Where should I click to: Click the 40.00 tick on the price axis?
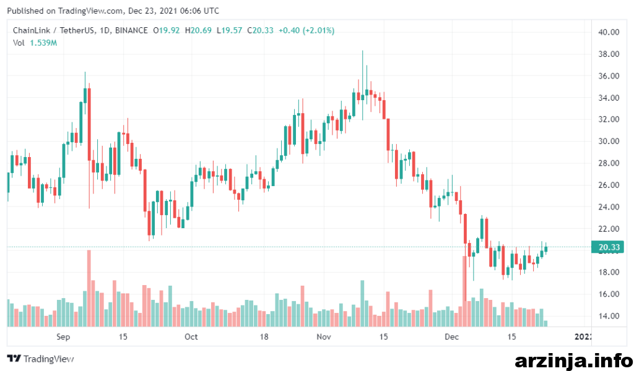[x=609, y=32]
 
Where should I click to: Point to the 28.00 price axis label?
[x=609, y=163]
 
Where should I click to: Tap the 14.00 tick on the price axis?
[x=609, y=316]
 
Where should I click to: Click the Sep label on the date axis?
[x=63, y=337]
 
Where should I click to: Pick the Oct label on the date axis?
[x=191, y=337]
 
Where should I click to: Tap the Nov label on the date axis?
[x=323, y=337]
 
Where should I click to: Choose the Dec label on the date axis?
[x=451, y=337]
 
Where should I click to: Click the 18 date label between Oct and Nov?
[x=264, y=337]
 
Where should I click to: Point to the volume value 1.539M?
[x=43, y=43]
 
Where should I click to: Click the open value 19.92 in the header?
[x=169, y=30]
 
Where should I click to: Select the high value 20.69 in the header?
[x=201, y=30]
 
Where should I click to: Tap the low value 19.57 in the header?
[x=232, y=30]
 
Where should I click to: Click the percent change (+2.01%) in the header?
[x=319, y=30]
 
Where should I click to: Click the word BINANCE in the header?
[x=131, y=30]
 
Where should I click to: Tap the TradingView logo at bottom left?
[x=40, y=359]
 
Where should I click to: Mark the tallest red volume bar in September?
[x=89, y=288]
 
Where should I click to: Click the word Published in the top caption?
[x=25, y=11]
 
